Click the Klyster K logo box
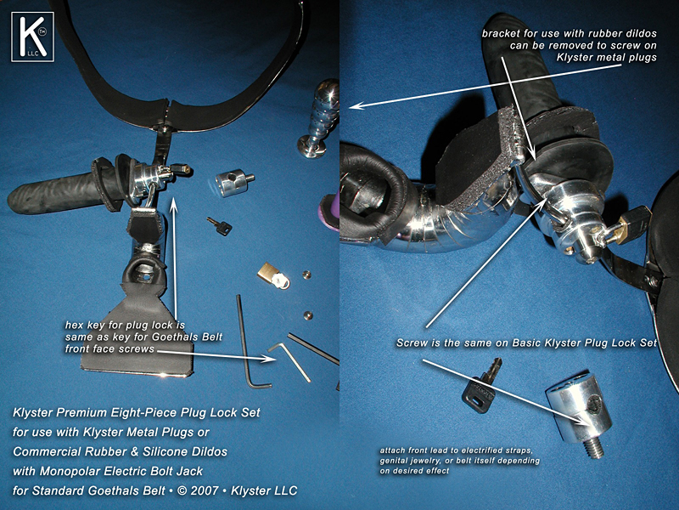coord(32,37)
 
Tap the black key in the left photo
coord(220,226)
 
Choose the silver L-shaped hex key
coord(289,360)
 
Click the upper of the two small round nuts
coord(306,275)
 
